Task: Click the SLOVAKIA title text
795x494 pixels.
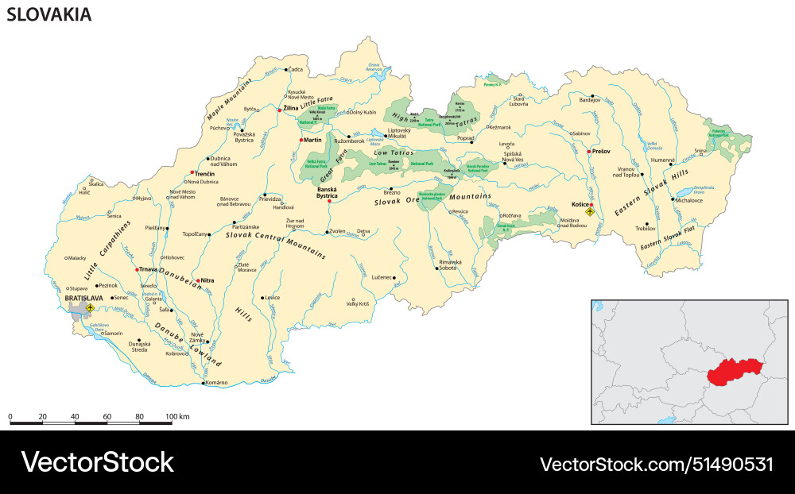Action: (x=48, y=14)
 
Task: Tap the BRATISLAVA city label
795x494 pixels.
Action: (x=83, y=298)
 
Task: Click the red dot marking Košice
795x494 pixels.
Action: (x=591, y=205)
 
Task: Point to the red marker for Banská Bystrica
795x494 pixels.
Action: (x=329, y=202)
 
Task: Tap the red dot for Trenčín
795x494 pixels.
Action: (x=192, y=173)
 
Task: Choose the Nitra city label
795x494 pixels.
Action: (x=207, y=280)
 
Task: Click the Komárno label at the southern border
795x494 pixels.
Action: (x=216, y=383)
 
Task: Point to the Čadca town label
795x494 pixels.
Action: (x=297, y=70)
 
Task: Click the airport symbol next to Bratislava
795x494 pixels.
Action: (x=91, y=307)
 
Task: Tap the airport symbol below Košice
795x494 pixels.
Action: (x=590, y=212)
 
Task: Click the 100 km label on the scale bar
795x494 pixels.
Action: (x=177, y=417)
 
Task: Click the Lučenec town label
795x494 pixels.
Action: (x=382, y=277)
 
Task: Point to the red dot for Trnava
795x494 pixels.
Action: (x=137, y=268)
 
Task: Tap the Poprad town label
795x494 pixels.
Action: (x=465, y=137)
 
